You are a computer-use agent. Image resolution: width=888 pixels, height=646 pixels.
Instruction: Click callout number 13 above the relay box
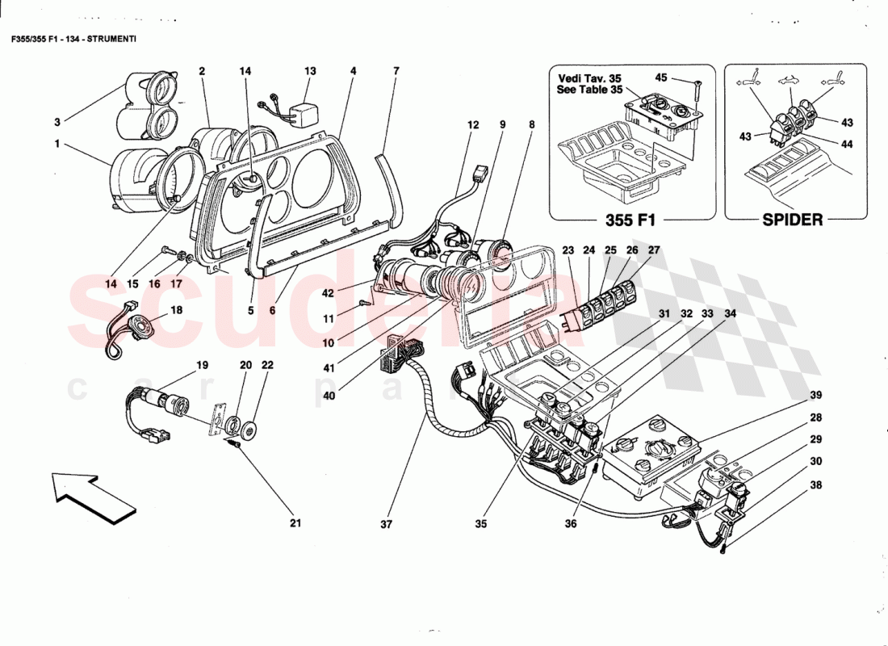point(310,71)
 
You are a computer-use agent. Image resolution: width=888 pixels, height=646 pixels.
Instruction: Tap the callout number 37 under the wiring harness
point(386,524)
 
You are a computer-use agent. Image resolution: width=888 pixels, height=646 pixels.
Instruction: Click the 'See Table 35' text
point(590,90)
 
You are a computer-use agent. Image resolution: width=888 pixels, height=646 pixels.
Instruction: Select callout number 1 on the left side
point(57,145)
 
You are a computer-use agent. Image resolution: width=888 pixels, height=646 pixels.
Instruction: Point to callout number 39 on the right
point(816,395)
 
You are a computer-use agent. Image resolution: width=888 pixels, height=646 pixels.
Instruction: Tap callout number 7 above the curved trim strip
point(396,71)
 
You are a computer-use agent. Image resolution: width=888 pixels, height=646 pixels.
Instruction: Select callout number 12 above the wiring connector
point(473,125)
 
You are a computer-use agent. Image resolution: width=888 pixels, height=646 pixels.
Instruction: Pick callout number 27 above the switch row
point(654,250)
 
